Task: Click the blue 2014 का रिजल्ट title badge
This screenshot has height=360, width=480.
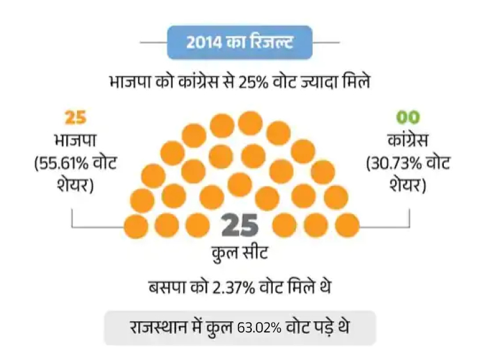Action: tap(240, 43)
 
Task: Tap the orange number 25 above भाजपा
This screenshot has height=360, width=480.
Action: tap(76, 118)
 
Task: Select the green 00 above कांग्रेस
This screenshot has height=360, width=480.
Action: tap(408, 118)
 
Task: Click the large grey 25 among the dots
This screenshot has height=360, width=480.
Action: tap(239, 226)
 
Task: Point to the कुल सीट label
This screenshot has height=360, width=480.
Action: tap(239, 252)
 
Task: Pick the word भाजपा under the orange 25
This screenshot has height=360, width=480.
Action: tap(76, 141)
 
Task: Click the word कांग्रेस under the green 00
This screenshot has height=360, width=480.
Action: tap(408, 141)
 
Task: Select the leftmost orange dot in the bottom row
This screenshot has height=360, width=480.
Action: tap(137, 226)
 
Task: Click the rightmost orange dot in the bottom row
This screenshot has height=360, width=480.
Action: tap(347, 226)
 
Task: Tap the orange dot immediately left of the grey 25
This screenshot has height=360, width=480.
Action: tap(198, 226)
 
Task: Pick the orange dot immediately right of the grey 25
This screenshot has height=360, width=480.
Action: tap(285, 226)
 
